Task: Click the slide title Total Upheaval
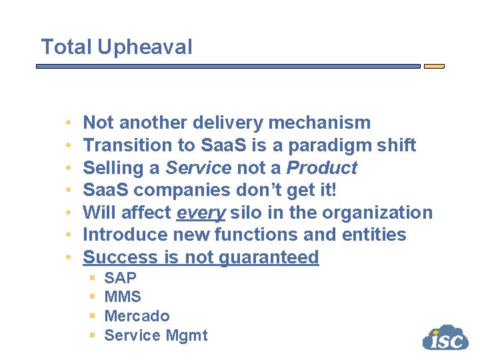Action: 117,47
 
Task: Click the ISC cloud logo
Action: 445,338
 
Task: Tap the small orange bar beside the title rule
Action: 434,67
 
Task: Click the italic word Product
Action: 322,167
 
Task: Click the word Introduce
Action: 123,235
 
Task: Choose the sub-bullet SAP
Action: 120,278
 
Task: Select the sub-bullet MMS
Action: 123,297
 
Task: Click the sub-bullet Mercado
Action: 137,316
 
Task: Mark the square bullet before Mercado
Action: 93,316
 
